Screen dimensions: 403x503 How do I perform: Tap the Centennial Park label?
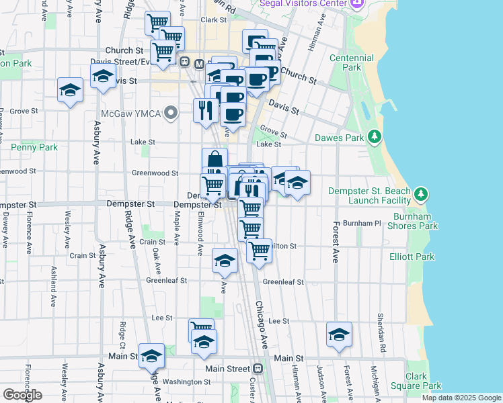coord(352,63)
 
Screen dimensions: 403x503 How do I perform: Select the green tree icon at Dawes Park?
coord(375,138)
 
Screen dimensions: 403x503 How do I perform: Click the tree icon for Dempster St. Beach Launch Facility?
coord(421,195)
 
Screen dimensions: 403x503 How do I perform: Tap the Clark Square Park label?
coord(424,381)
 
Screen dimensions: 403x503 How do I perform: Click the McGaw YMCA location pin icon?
coord(171,114)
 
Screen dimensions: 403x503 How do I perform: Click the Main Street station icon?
coord(258,369)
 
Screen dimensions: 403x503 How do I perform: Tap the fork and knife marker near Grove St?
coord(204,109)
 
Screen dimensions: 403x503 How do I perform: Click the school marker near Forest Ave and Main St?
coord(339,334)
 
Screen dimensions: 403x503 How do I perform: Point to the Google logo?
coord(22,395)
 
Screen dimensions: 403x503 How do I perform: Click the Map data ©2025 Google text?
coord(461,398)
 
